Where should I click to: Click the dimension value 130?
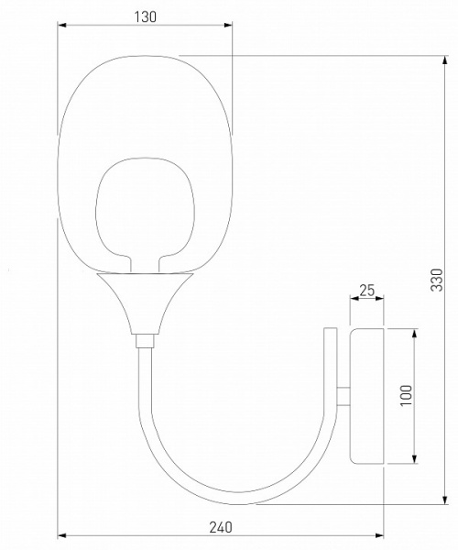(145, 16)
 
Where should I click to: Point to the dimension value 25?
(366, 291)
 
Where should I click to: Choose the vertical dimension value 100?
(406, 395)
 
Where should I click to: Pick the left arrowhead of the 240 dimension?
(61, 535)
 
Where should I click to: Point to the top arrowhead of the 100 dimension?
(415, 331)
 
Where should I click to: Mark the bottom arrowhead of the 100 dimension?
(415, 462)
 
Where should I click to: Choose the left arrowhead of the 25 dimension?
(354, 300)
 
